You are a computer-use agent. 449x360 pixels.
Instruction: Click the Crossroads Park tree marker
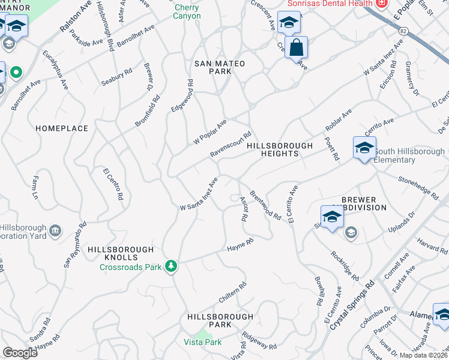coord(172,266)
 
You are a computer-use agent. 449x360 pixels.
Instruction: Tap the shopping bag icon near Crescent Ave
coord(297,47)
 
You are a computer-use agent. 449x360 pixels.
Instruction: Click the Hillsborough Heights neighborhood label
coord(280,149)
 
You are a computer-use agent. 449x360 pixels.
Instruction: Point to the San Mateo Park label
coord(213,67)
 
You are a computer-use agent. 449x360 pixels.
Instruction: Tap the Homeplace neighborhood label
coord(62,128)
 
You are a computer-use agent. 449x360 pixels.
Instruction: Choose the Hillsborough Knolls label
coord(121,249)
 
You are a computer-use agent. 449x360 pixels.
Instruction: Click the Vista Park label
coord(202,342)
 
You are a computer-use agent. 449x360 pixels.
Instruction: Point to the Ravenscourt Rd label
coord(230,145)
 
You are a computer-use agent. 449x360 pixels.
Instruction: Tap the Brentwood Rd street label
coord(265,205)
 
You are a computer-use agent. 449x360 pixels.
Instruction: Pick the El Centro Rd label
coord(113,184)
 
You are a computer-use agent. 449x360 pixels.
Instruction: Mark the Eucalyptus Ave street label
coord(55,71)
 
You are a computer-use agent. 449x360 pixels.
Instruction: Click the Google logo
coord(20,352)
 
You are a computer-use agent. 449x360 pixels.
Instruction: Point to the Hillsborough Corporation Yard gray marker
coord(55,230)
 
